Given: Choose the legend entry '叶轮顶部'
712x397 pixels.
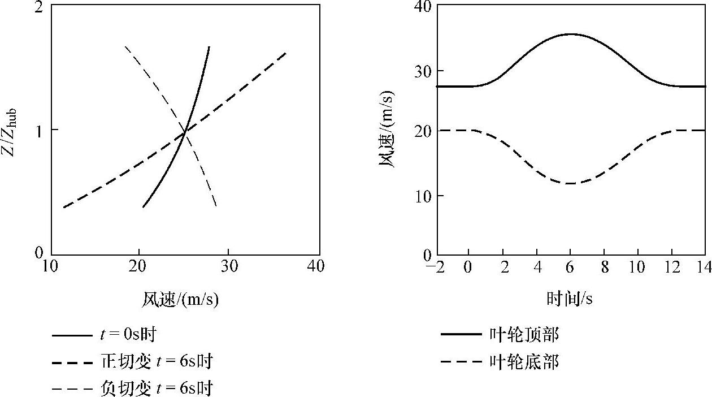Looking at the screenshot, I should tap(523, 335).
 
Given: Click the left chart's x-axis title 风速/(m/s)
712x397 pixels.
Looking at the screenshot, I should tap(180, 300).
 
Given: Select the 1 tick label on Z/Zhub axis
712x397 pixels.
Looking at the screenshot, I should tap(40, 130).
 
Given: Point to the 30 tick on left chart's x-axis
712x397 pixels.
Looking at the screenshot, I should tap(228, 266).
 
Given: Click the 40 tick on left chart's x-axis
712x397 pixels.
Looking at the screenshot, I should tap(316, 266).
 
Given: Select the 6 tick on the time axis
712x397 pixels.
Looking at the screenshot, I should tap(571, 267).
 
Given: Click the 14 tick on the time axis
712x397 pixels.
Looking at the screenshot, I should tap(704, 267).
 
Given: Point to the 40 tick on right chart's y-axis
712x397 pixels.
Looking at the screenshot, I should tap(423, 7).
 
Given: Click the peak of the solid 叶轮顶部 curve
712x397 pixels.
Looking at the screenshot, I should tap(571, 34).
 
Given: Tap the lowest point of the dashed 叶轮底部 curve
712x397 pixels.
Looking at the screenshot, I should tap(571, 183).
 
